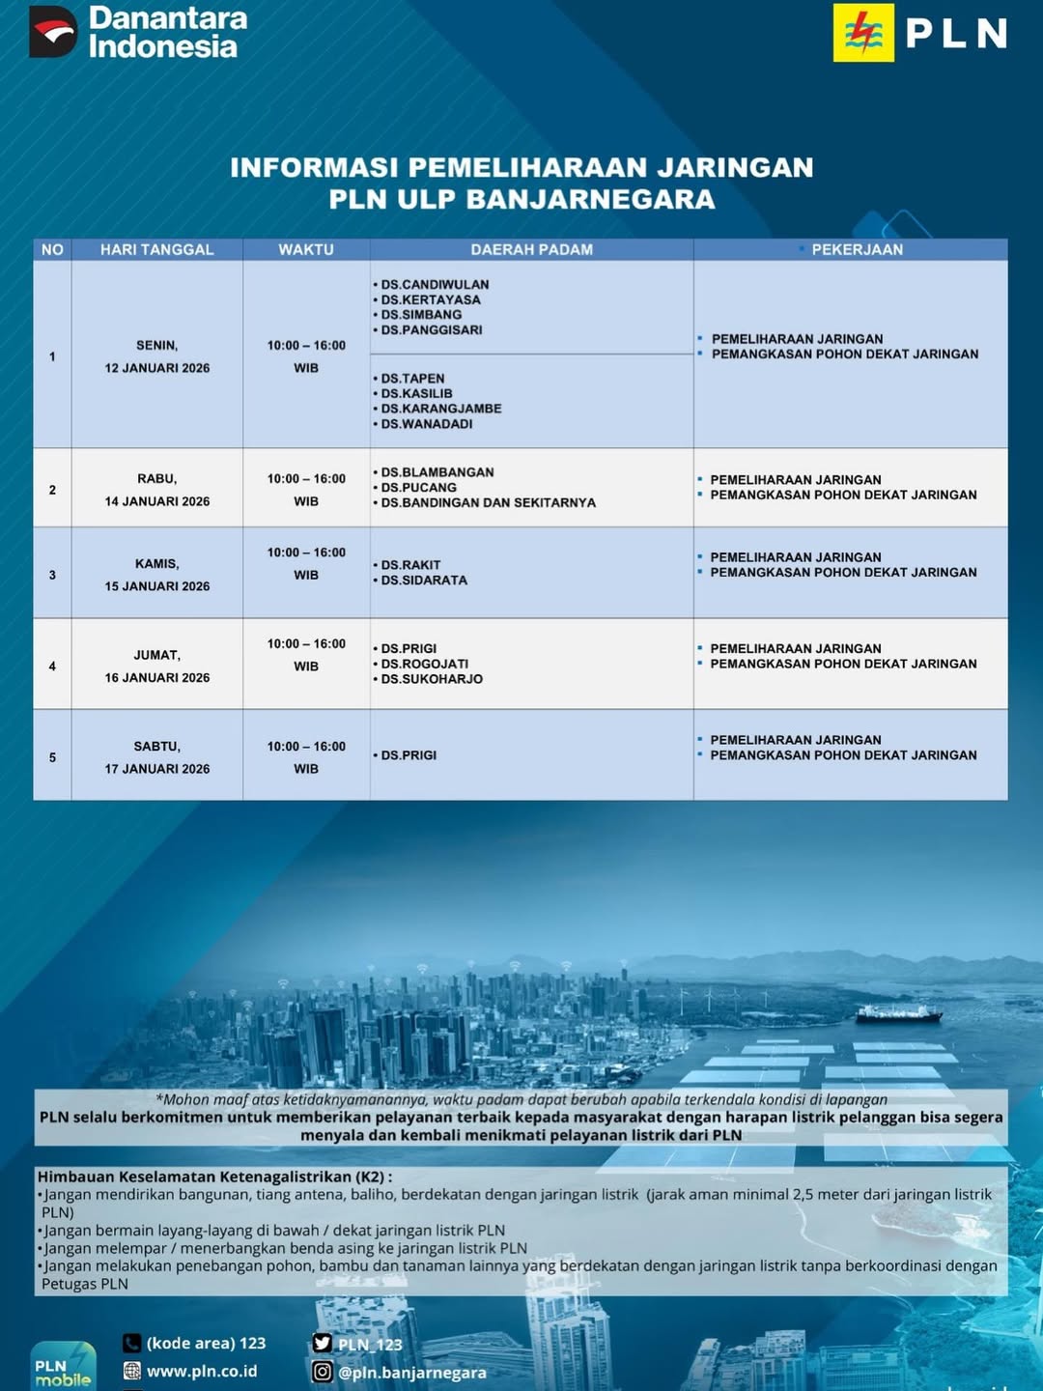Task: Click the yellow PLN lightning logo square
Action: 863,33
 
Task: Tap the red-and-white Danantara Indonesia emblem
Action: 53,32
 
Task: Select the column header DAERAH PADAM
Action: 531,249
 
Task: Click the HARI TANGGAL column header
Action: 156,249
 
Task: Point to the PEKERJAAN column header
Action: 857,249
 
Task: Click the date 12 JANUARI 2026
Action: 157,368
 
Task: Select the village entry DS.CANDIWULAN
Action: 435,285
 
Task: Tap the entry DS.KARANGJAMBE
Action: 440,409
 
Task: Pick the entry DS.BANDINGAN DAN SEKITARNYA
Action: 488,502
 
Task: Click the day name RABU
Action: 156,479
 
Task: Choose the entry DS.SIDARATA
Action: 423,581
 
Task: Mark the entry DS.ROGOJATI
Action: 424,664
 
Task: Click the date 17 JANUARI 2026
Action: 157,769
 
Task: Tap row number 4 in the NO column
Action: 52,667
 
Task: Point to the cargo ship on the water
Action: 898,1013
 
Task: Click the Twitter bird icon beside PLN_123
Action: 323,1343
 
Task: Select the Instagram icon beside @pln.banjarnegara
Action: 323,1372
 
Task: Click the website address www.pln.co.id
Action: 202,1371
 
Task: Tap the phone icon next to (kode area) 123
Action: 132,1343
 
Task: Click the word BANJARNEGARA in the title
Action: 591,199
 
